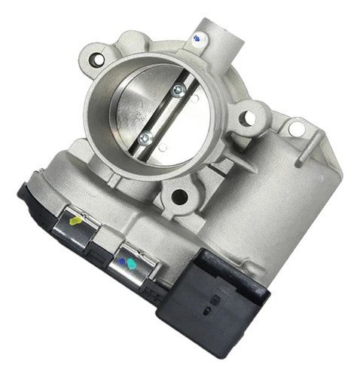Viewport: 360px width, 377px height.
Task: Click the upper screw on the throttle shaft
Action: pos(177,91)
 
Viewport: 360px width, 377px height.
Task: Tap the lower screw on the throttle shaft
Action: pos(145,138)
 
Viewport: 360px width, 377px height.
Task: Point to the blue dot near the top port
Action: pos(197,37)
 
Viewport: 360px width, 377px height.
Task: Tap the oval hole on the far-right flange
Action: pos(297,129)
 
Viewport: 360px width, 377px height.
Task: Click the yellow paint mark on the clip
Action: pos(76,222)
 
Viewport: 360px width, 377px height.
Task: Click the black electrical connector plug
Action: pos(226,301)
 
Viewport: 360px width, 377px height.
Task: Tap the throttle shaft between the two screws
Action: pos(161,115)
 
